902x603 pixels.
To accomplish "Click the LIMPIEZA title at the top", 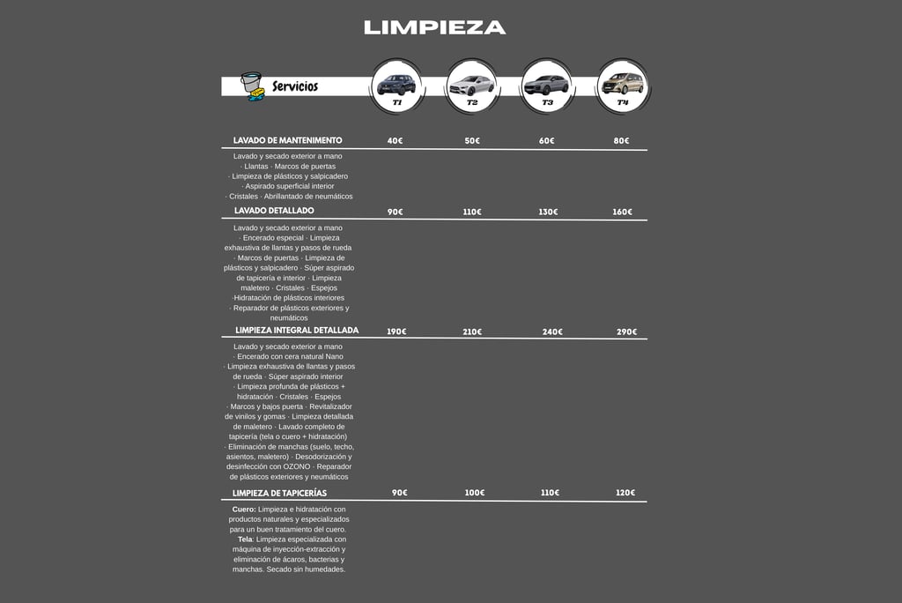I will pyautogui.click(x=434, y=27).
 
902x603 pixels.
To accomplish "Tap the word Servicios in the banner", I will pyautogui.click(x=295, y=86).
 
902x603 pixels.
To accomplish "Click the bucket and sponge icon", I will pyautogui.click(x=252, y=86).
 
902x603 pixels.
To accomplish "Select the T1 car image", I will pyautogui.click(x=396, y=85).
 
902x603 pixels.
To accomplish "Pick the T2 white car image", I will pyautogui.click(x=471, y=85).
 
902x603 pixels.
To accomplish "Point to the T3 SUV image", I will pyautogui.click(x=547, y=85).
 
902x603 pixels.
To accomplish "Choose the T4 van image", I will pyautogui.click(x=623, y=84).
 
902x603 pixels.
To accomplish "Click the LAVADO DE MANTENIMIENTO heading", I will pyautogui.click(x=288, y=140).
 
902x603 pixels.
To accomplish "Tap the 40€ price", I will pyautogui.click(x=395, y=141).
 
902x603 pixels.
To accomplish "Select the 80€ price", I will pyautogui.click(x=621, y=141).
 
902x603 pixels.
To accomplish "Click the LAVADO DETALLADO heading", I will pyautogui.click(x=274, y=211).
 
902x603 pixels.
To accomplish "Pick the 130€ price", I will pyautogui.click(x=547, y=212).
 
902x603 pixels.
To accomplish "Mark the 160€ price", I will pyautogui.click(x=623, y=212).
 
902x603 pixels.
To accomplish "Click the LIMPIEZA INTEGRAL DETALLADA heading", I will pyautogui.click(x=297, y=331).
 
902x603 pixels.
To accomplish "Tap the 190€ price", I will pyautogui.click(x=396, y=332).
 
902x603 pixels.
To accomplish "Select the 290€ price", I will pyautogui.click(x=626, y=332).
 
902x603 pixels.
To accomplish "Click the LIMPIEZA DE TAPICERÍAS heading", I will pyautogui.click(x=279, y=493).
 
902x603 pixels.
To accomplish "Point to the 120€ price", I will pyautogui.click(x=625, y=493).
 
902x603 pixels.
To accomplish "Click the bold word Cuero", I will pyautogui.click(x=243, y=510).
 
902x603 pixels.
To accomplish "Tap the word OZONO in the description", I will pyautogui.click(x=296, y=466).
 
